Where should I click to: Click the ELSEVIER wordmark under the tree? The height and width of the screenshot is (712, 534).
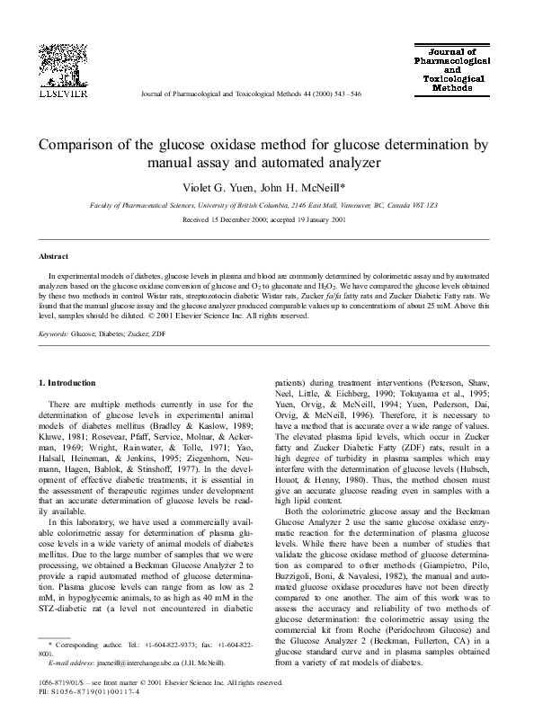click(x=60, y=92)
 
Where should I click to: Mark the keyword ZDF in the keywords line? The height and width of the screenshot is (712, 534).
click(x=158, y=333)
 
